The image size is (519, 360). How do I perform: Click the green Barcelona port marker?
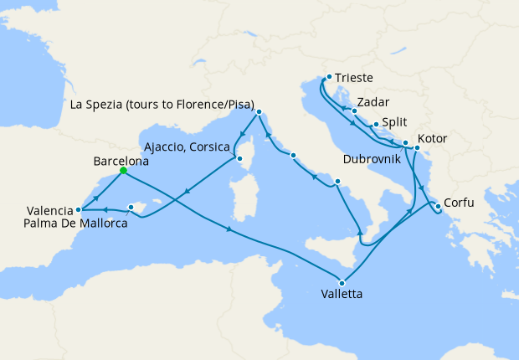point(123,170)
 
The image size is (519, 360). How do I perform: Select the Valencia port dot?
point(78,209)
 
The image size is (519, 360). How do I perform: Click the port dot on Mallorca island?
point(131,207)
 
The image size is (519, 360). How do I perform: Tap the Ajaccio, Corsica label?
point(188,146)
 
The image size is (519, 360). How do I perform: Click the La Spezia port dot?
point(259,111)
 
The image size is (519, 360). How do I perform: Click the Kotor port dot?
point(417,148)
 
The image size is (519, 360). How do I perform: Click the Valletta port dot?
point(342,282)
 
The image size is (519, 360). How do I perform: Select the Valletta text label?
point(342,295)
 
